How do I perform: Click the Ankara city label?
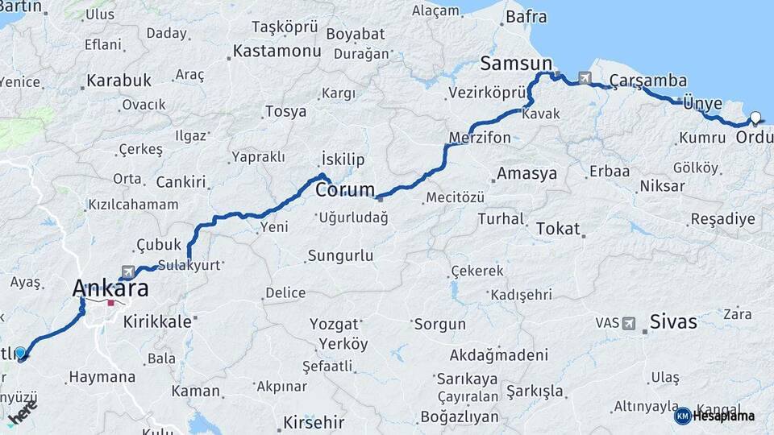click(110, 288)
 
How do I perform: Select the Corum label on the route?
click(345, 191)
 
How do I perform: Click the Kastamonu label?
click(277, 52)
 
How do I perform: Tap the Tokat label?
click(558, 229)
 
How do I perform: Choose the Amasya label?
click(527, 173)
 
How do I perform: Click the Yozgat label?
click(334, 325)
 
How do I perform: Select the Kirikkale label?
click(158, 321)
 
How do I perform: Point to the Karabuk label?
click(119, 81)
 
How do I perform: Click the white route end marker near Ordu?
click(755, 117)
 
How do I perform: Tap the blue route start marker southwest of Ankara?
click(21, 353)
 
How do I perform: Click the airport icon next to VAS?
click(628, 323)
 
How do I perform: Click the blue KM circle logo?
click(682, 416)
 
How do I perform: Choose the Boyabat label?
click(356, 35)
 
